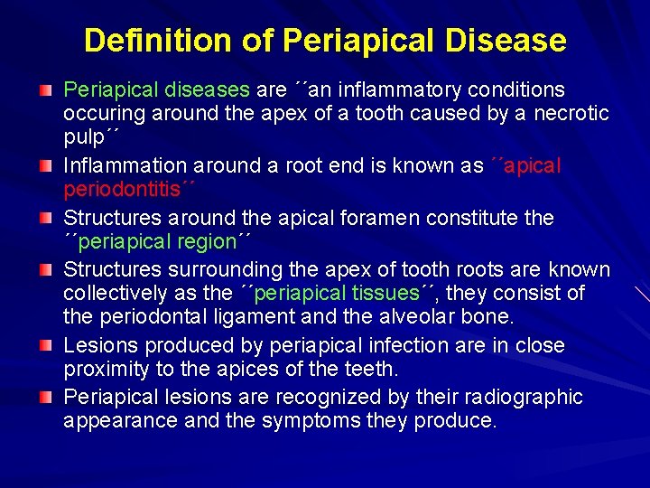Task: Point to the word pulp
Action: click(x=85, y=137)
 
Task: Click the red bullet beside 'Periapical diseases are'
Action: click(x=45, y=91)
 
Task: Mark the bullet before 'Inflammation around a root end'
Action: click(x=45, y=167)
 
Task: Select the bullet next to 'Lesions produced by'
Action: click(x=45, y=347)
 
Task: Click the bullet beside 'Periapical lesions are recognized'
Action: click(x=45, y=399)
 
